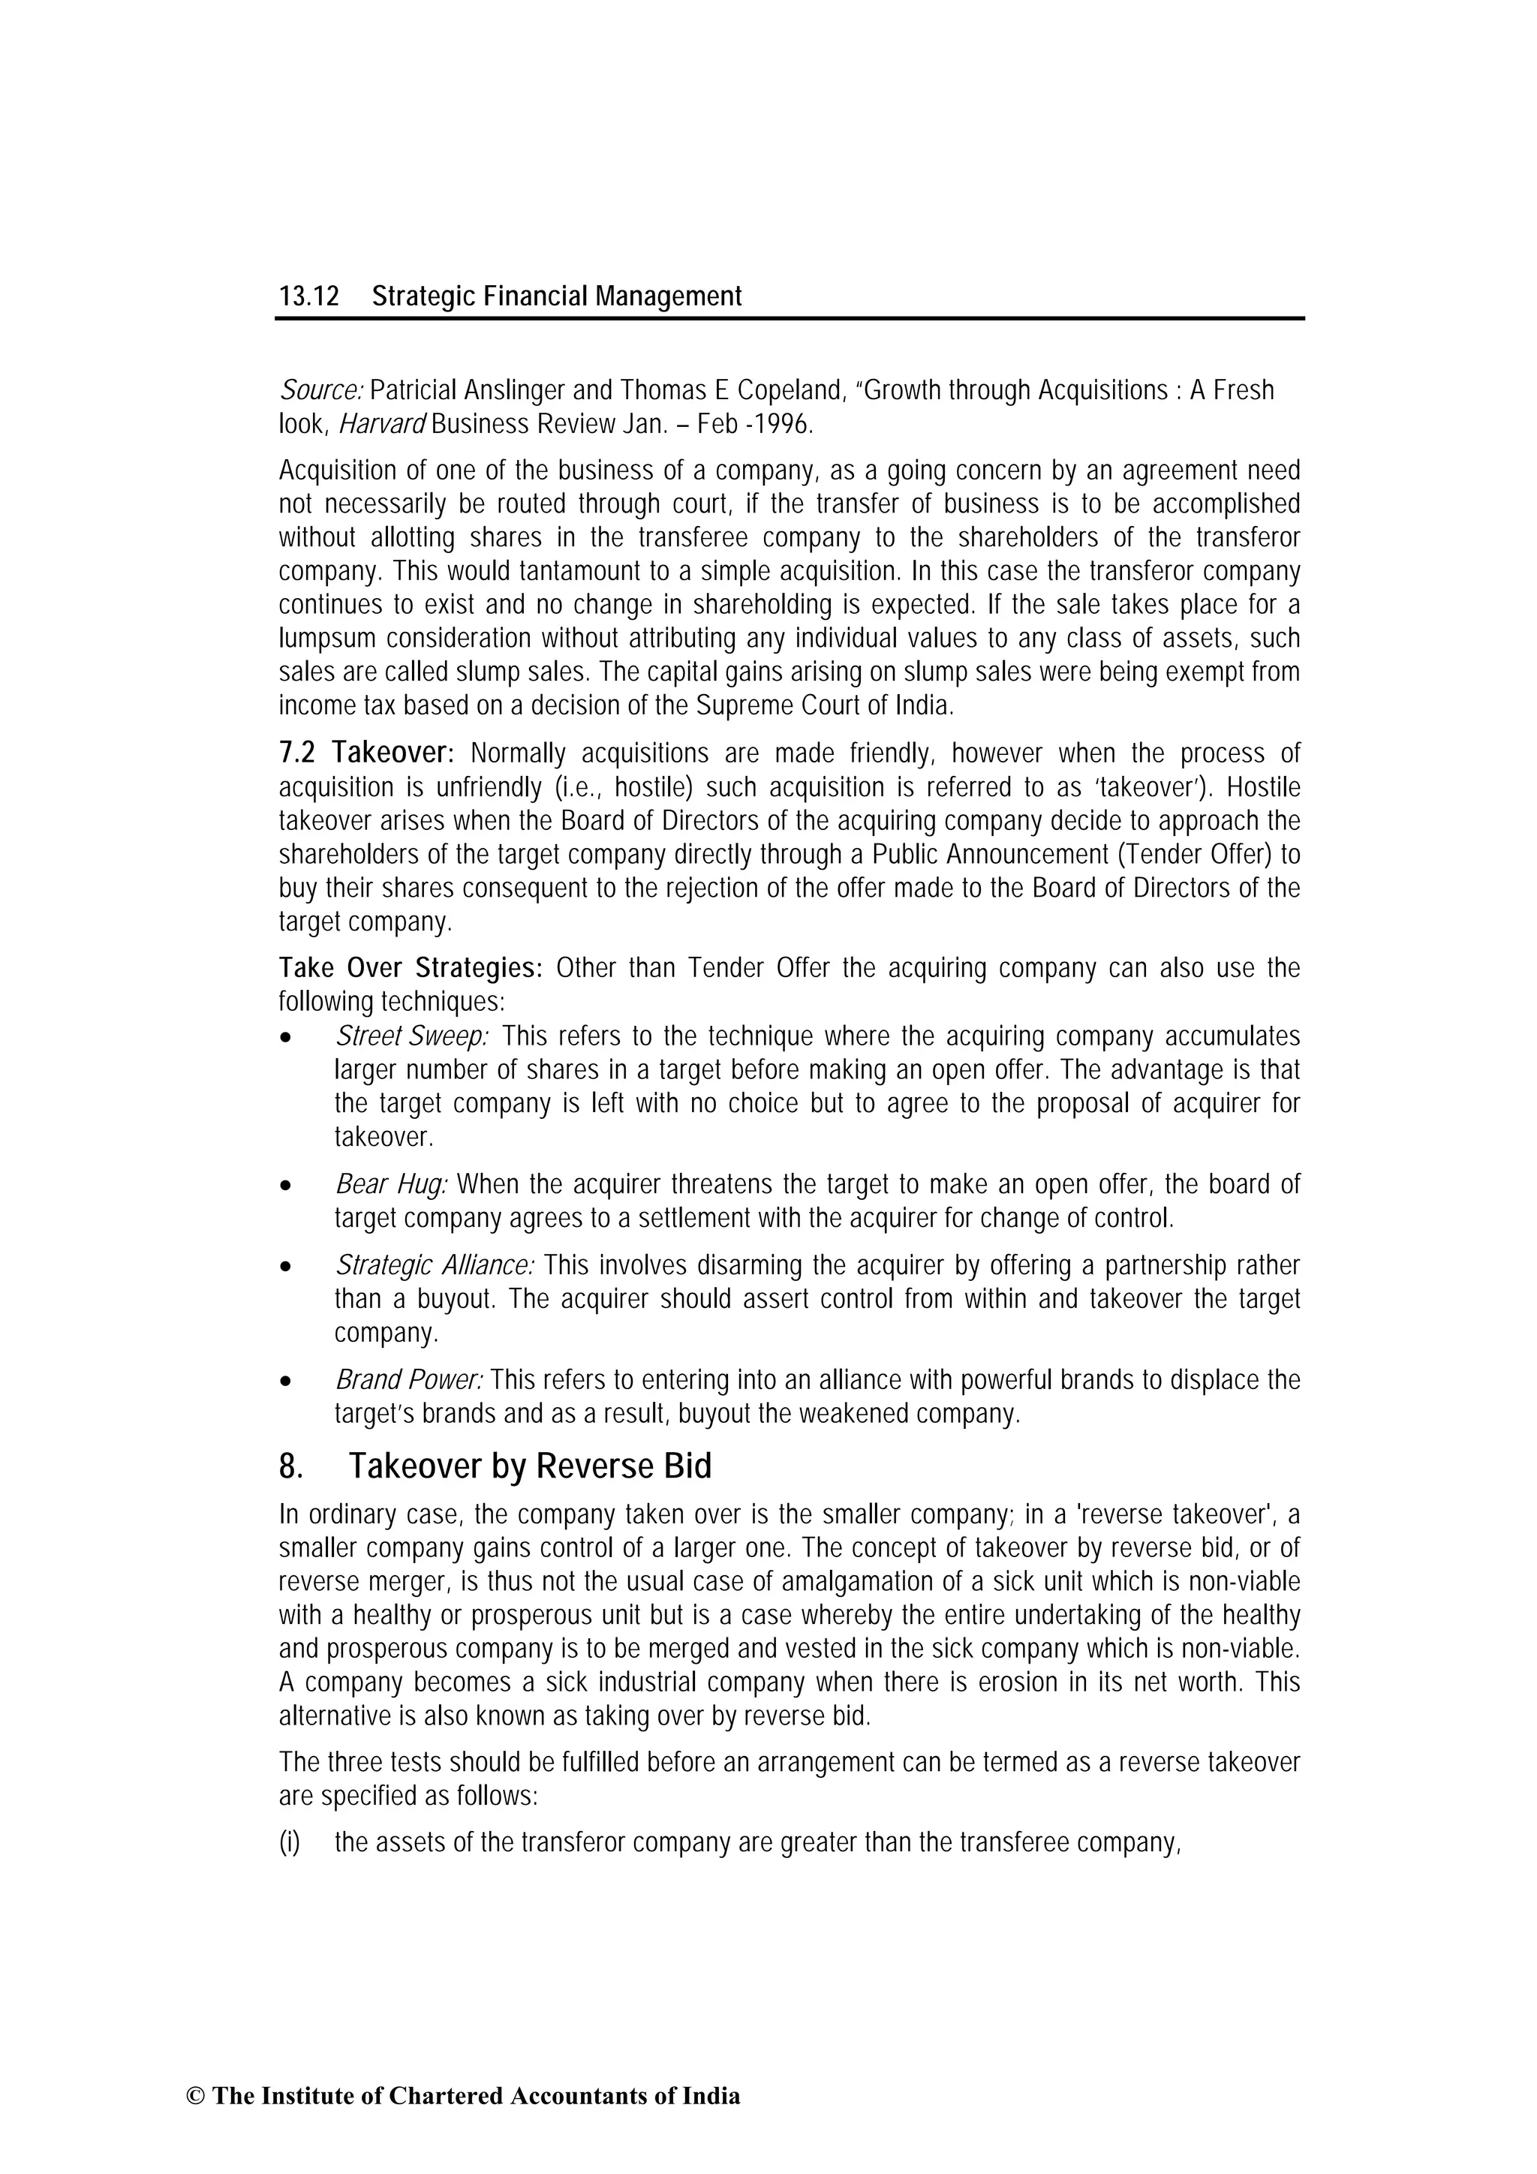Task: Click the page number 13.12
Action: point(308,297)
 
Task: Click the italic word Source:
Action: point(321,390)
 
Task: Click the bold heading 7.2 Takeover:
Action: point(366,753)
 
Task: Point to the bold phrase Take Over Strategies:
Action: point(410,969)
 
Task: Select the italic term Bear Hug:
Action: point(391,1184)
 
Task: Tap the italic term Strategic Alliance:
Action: point(435,1265)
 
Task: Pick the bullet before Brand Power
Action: point(285,1382)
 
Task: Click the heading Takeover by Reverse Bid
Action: point(529,1466)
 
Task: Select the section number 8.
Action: point(290,1466)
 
